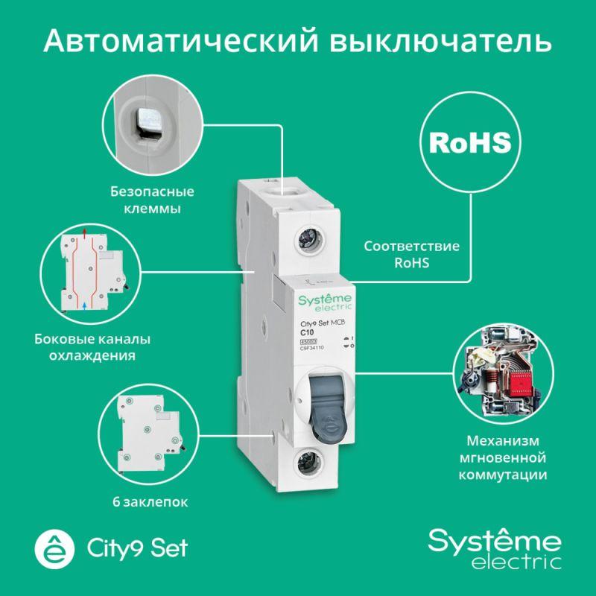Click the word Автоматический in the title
tap(167, 42)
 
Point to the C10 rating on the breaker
tap(306, 333)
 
